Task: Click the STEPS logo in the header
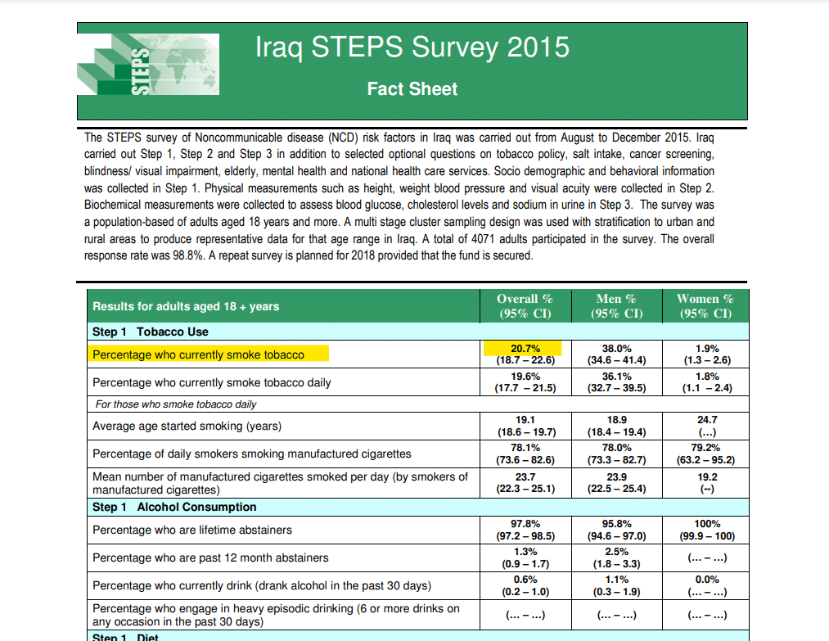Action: [x=148, y=65]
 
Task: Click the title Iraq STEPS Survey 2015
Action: [x=412, y=47]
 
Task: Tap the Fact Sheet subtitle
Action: [x=412, y=88]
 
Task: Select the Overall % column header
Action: [x=525, y=305]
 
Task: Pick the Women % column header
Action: [x=705, y=305]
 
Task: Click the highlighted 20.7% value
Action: [x=525, y=349]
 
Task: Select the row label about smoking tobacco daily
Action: [x=211, y=382]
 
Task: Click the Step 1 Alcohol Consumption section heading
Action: [x=174, y=507]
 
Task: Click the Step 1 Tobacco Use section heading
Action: [x=150, y=332]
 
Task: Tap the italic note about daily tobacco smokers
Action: [x=176, y=404]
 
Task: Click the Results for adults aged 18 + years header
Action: [x=186, y=306]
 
